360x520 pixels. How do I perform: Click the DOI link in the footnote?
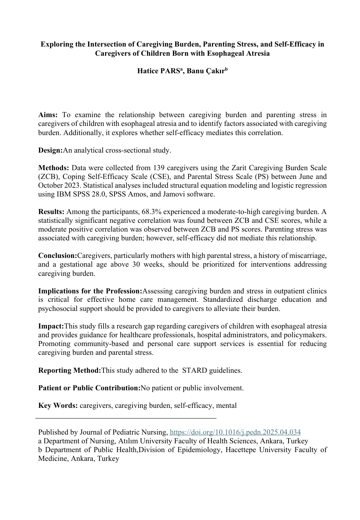[x=235, y=432]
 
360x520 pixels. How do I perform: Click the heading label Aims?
[x=48, y=115]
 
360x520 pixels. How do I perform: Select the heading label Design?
[x=50, y=150]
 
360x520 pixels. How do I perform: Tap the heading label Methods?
[x=53, y=168]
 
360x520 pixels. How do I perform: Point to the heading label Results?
[x=51, y=212]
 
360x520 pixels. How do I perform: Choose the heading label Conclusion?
[x=58, y=256]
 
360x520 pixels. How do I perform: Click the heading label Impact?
[x=51, y=326]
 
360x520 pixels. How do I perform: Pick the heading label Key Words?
[x=58, y=406]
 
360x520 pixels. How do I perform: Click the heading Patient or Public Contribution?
[x=89, y=388]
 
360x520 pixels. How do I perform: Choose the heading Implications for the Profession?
[x=90, y=291]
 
